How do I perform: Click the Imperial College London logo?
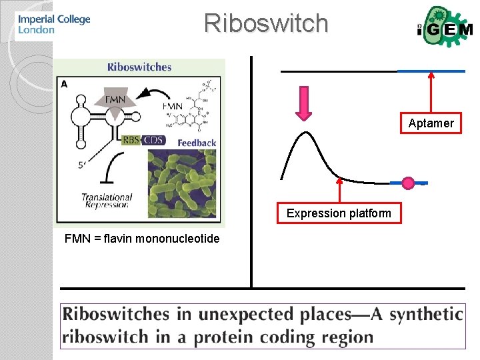click(x=53, y=23)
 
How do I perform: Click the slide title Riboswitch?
click(x=266, y=23)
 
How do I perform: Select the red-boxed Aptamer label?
click(x=431, y=123)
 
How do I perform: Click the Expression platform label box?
click(x=339, y=213)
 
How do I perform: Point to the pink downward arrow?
click(x=304, y=104)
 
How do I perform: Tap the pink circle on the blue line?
click(x=409, y=182)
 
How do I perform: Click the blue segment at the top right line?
click(x=431, y=71)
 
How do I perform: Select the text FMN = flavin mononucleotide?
click(x=141, y=239)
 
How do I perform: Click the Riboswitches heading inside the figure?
click(x=139, y=67)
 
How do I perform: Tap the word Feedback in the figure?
click(x=197, y=143)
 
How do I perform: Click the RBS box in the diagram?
click(x=131, y=140)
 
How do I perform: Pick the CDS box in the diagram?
click(x=153, y=140)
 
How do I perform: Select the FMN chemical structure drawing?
click(x=200, y=107)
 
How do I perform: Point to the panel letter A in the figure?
click(x=64, y=83)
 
